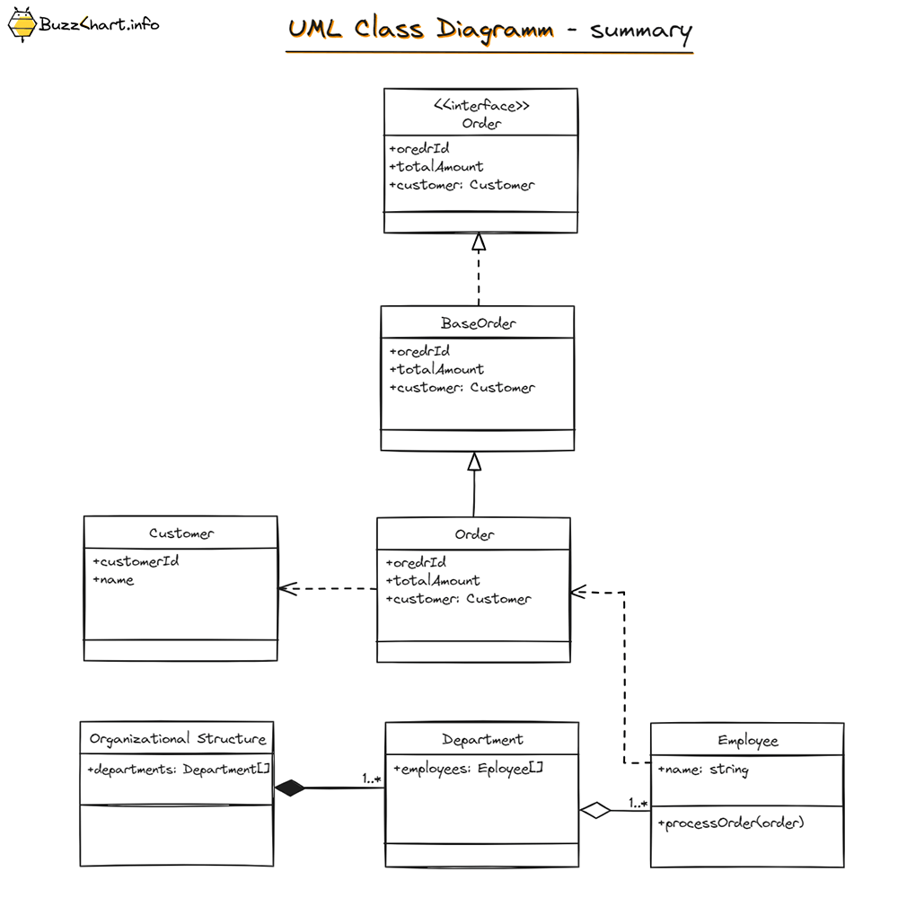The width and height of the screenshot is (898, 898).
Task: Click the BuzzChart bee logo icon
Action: (22, 24)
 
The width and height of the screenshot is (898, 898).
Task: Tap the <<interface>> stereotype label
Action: (481, 106)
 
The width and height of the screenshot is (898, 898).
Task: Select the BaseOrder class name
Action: (479, 323)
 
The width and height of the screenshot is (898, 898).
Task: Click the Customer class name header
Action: (181, 533)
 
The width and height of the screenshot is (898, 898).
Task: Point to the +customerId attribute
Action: (136, 562)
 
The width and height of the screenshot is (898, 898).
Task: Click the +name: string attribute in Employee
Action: (703, 770)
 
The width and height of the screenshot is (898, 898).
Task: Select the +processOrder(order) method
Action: (732, 823)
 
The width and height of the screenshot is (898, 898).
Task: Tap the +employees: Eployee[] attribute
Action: (469, 769)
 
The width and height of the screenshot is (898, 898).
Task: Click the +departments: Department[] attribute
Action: (179, 770)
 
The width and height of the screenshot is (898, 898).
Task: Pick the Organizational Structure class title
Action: (178, 739)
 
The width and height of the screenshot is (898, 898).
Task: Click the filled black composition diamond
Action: (290, 788)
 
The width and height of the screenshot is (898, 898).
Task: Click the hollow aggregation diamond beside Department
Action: (594, 811)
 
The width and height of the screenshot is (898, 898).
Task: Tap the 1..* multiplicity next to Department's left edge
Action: (372, 779)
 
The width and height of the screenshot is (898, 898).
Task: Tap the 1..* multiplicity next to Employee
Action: (638, 802)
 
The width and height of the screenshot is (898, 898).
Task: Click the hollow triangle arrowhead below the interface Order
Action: (479, 242)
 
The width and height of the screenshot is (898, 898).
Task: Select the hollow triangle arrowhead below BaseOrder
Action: (475, 462)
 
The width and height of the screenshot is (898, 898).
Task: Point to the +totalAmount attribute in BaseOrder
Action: (436, 369)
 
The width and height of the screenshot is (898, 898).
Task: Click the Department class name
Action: (482, 740)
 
